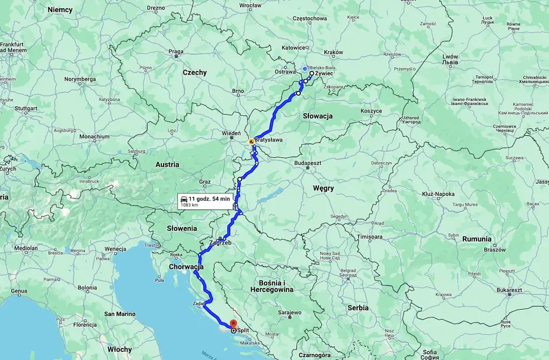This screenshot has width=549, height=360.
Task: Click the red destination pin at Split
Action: click(x=233, y=324)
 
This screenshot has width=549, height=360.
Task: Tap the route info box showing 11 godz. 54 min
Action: click(x=206, y=201)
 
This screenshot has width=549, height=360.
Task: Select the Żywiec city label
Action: click(x=325, y=73)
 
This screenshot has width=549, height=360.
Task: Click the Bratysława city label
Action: click(x=269, y=140)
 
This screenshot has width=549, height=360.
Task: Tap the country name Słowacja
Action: click(x=317, y=116)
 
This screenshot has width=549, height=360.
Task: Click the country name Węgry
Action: click(x=323, y=188)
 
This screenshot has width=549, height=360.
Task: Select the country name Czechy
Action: click(x=195, y=72)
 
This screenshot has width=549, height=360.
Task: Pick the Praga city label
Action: click(x=176, y=52)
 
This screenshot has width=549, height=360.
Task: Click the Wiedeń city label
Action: click(x=232, y=133)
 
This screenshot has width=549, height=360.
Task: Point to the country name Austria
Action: click(x=167, y=165)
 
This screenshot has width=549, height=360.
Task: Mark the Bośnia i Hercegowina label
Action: click(x=272, y=286)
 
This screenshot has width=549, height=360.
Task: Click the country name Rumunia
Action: click(x=477, y=239)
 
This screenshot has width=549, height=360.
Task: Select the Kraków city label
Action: click(x=333, y=52)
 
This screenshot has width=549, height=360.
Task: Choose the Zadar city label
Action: click(x=197, y=304)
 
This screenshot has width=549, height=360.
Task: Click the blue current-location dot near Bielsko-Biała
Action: click(x=305, y=69)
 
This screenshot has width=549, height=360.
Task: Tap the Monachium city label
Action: click(x=94, y=137)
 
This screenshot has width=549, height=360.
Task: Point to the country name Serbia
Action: click(x=358, y=308)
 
